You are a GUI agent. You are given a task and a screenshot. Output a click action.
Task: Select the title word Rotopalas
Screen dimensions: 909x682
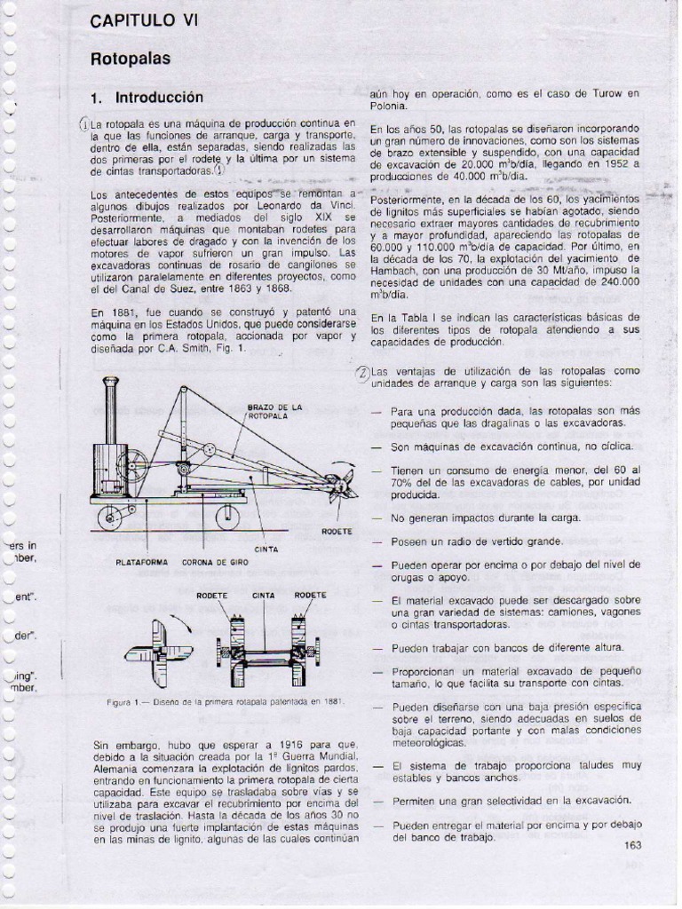(130, 59)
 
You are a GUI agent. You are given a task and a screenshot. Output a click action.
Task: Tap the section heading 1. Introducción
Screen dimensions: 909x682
(147, 98)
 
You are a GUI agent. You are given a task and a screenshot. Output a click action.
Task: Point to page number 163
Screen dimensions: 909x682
(633, 845)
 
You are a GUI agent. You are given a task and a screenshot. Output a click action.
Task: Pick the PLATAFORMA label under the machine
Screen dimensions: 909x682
(142, 562)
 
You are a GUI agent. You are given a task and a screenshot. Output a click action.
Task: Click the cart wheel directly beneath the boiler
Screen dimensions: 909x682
(110, 518)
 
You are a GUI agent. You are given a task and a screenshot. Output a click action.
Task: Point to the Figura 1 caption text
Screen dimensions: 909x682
(226, 702)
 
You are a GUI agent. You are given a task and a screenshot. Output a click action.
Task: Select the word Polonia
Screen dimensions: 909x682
(391, 106)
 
